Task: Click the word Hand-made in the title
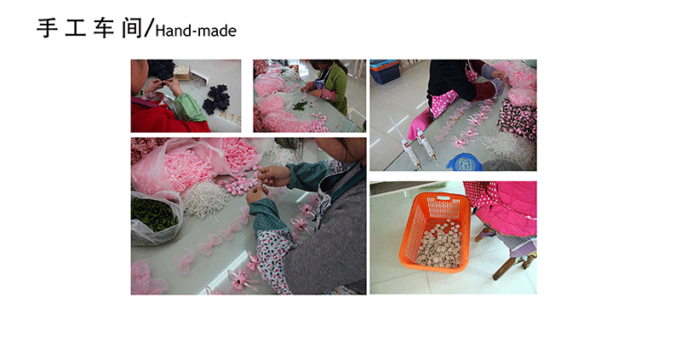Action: [x=196, y=31]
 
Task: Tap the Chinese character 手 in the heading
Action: [x=48, y=29]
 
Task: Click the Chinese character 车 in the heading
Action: [x=103, y=29]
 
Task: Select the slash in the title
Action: [x=148, y=29]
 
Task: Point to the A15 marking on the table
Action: [x=229, y=117]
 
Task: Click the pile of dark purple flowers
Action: [x=217, y=99]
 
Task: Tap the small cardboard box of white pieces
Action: [x=182, y=72]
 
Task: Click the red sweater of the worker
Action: [x=166, y=119]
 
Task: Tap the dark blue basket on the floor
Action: [x=385, y=71]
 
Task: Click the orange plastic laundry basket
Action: [x=435, y=232]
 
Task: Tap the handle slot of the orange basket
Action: [x=443, y=198]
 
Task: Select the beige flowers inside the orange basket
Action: [x=439, y=244]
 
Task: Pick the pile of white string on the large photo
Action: [x=203, y=199]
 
